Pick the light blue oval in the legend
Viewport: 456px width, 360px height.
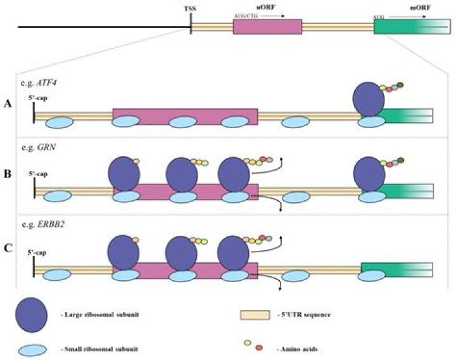pyautogui.click(x=32, y=347)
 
